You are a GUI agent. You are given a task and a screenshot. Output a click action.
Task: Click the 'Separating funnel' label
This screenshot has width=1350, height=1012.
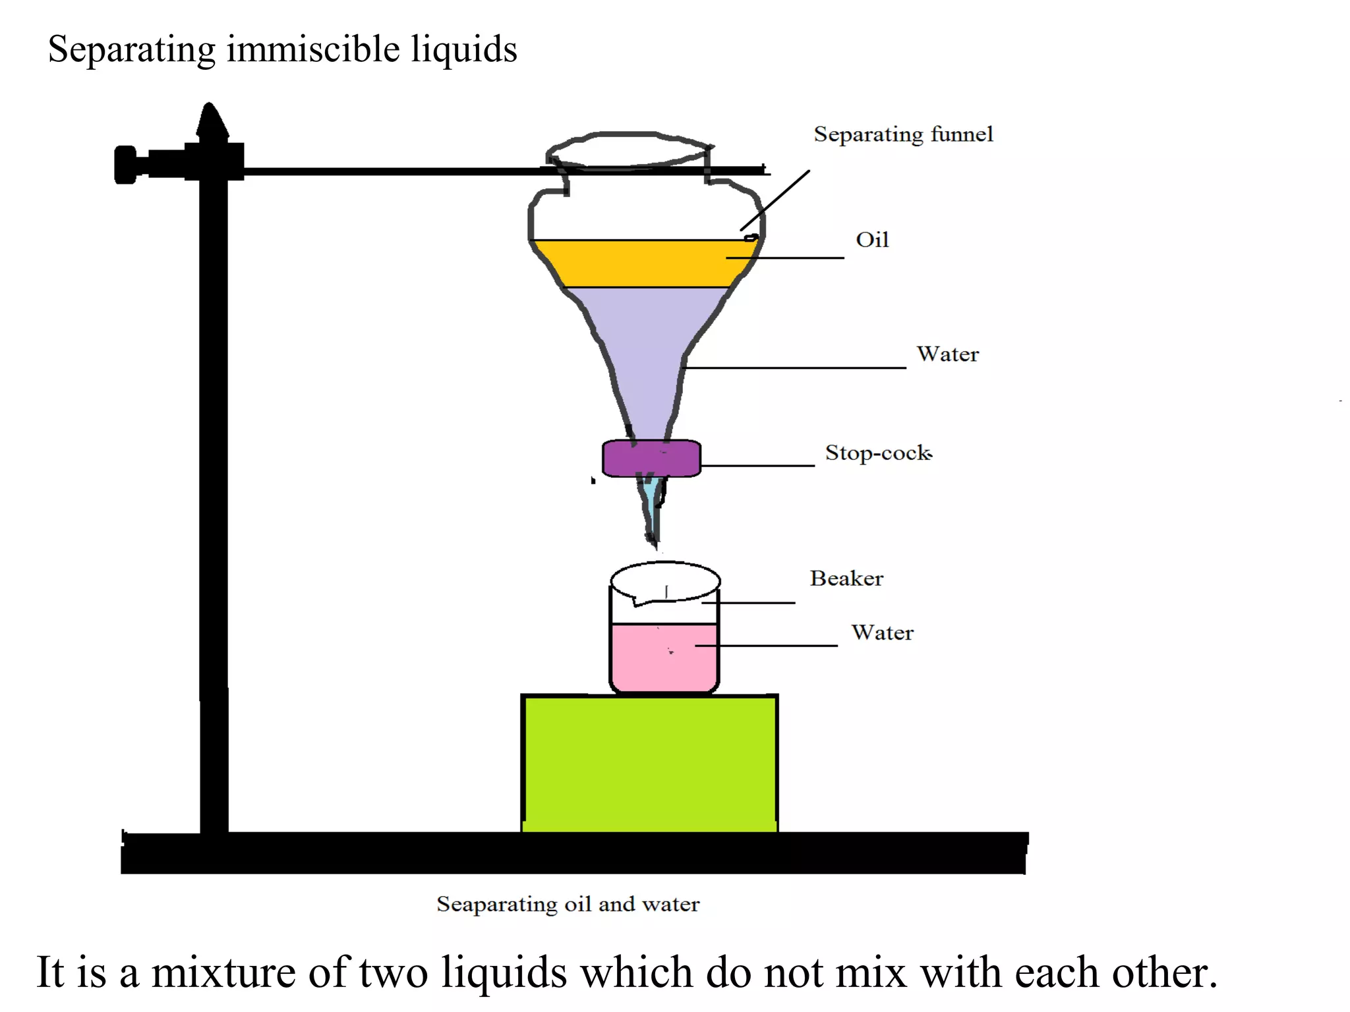pyautogui.click(x=902, y=134)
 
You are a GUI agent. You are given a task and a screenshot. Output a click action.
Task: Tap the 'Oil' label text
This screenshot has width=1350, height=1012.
pyautogui.click(x=871, y=240)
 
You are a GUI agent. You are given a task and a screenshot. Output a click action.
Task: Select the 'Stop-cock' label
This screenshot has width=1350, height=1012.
pyautogui.click(x=878, y=453)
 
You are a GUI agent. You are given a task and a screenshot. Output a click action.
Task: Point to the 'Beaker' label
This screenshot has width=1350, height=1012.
pyautogui.click(x=846, y=578)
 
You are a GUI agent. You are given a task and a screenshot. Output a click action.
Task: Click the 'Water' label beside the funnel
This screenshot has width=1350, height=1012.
pyautogui.click(x=947, y=354)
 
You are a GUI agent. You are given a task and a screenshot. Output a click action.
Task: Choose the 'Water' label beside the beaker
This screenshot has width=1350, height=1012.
pyautogui.click(x=882, y=633)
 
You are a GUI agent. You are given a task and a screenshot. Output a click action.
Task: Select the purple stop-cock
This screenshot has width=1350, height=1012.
pyautogui.click(x=651, y=459)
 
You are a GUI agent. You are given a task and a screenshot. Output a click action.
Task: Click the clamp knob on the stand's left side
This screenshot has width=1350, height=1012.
pyautogui.click(x=126, y=165)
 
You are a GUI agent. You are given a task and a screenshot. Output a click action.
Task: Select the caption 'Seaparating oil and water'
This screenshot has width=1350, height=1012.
pyautogui.click(x=568, y=904)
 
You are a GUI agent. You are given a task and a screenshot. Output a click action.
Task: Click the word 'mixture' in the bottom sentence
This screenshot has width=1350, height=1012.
pyautogui.click(x=223, y=972)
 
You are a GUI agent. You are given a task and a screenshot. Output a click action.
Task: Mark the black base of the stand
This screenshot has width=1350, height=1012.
pyautogui.click(x=573, y=854)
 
